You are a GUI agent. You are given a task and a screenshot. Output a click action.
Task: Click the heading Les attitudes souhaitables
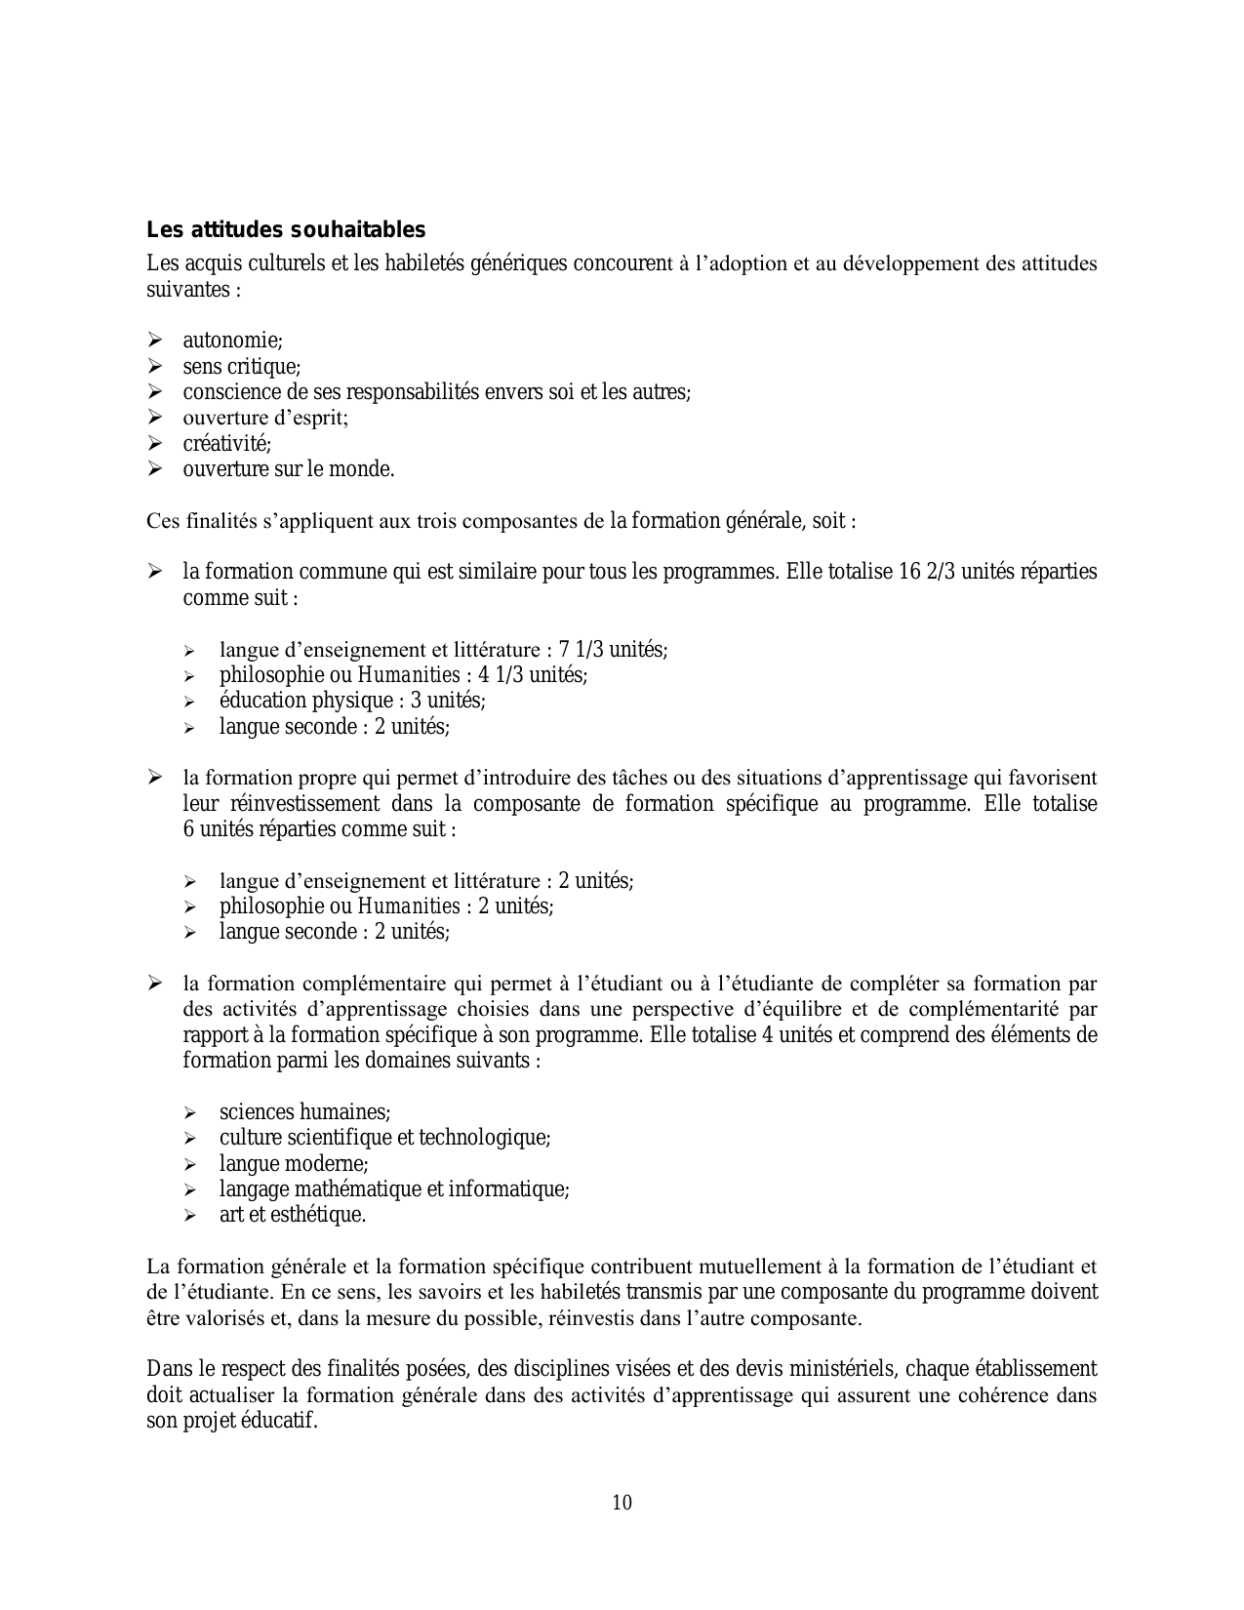tap(286, 230)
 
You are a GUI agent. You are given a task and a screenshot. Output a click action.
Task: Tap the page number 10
tap(622, 1503)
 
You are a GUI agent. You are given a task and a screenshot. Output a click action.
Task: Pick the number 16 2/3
tap(927, 572)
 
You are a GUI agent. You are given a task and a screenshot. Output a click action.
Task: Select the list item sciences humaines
tap(304, 1112)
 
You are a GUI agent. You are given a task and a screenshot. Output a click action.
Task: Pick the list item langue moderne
tap(293, 1164)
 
